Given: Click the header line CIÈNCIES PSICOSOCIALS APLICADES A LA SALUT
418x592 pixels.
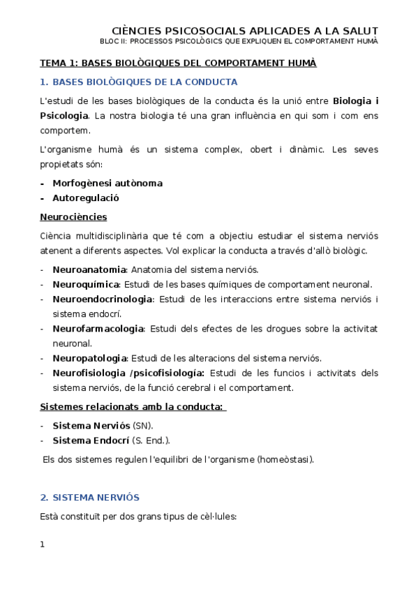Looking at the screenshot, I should [x=245, y=31].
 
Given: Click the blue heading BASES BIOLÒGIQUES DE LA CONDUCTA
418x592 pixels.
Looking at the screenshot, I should [x=144, y=82].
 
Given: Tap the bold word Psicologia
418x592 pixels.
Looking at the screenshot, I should [x=64, y=114].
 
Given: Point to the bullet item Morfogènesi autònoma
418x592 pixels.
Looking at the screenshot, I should [x=107, y=183].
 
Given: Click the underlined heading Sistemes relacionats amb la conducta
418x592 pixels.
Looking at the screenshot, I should [x=131, y=407].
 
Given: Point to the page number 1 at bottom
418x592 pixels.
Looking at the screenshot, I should [x=43, y=545].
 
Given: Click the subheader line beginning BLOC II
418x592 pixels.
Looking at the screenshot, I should [x=245, y=41].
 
